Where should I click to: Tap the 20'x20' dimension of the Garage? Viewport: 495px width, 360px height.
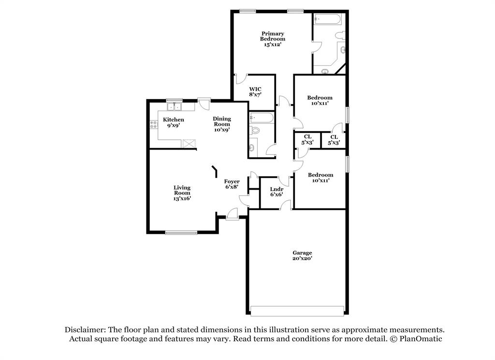302,258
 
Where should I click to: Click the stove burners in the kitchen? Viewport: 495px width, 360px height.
154,124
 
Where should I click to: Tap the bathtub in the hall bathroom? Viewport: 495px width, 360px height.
262,118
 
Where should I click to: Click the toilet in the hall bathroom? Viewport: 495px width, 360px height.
255,130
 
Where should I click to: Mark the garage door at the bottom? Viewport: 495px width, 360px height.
297,310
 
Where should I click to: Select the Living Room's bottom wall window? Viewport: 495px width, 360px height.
181,233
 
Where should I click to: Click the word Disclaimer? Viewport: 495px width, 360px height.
85,330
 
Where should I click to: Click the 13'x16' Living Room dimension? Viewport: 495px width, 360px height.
182,198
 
